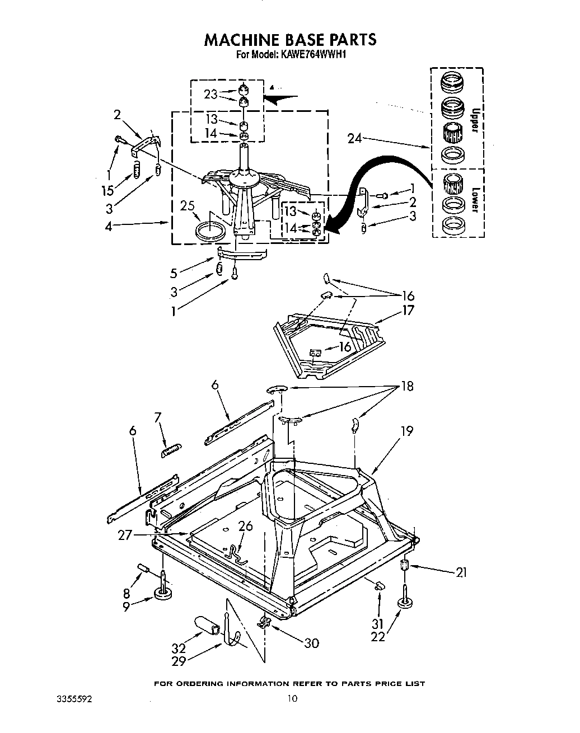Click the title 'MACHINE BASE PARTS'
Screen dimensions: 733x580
[290, 39]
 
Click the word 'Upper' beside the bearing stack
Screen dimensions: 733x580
[474, 120]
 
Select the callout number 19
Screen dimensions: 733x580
[406, 430]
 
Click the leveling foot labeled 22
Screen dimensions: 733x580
[404, 603]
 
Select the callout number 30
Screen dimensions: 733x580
[311, 643]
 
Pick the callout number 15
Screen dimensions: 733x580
[108, 191]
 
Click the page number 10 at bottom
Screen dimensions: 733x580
[292, 698]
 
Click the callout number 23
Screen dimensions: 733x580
[211, 94]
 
